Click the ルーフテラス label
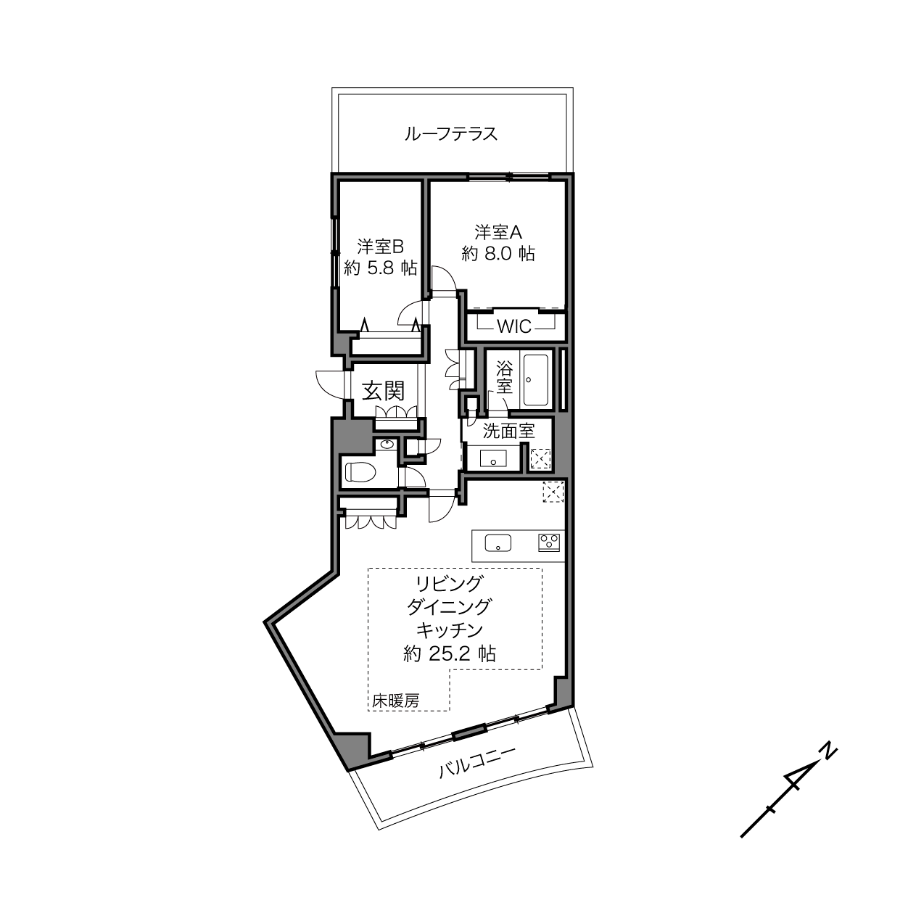(451, 134)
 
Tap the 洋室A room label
(498, 232)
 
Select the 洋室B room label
(380, 247)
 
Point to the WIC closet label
(514, 326)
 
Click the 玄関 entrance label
(383, 391)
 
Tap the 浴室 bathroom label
(504, 377)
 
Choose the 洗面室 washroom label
(508, 431)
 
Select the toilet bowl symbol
(360, 471)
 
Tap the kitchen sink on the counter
(498, 542)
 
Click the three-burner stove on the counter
(549, 542)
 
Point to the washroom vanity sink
(493, 458)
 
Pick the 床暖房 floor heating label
(395, 701)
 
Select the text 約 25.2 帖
(450, 653)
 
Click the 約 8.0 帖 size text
(498, 254)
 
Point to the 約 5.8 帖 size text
(380, 268)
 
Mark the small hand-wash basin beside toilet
(387, 445)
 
